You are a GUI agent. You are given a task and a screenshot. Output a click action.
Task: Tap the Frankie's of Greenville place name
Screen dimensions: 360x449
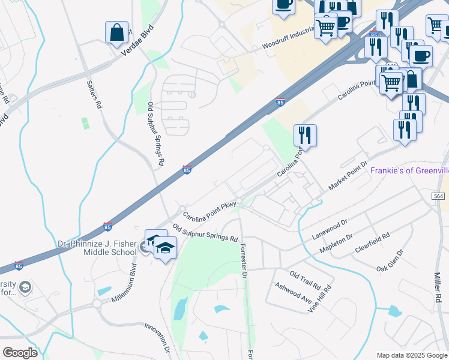[409, 170]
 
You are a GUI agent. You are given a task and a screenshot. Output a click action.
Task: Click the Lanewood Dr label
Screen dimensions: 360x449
[330, 229]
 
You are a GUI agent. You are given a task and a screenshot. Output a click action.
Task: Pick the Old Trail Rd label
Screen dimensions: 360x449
[305, 277]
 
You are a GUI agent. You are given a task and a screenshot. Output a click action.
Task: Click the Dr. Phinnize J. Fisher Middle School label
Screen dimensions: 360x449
[97, 248]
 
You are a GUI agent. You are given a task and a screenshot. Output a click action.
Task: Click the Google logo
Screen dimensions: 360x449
[20, 353]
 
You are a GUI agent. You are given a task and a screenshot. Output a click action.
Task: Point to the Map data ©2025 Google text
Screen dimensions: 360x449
[412, 355]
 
